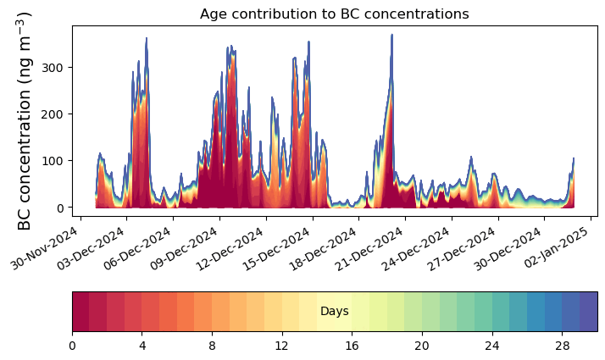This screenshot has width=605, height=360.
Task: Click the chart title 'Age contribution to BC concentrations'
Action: pos(334,14)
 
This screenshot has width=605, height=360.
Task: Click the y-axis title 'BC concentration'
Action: pos(25,120)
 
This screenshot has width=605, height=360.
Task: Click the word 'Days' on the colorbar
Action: pos(335,312)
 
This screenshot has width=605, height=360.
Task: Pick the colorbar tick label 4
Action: pos(142,346)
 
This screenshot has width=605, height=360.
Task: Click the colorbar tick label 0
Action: pos(72,346)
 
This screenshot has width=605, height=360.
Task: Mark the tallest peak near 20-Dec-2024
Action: pos(391,36)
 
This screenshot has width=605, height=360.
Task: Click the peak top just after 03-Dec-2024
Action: pos(147,39)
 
